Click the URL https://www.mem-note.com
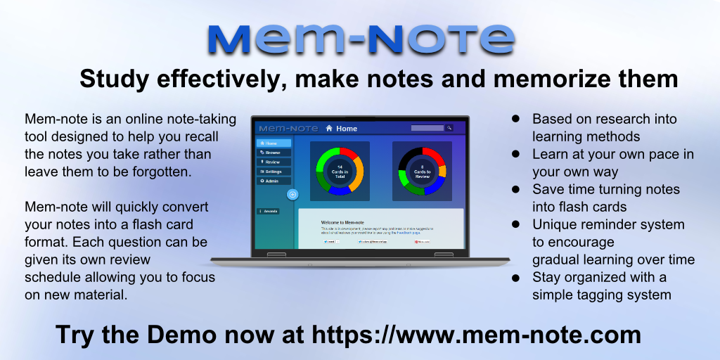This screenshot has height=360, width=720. click(x=476, y=334)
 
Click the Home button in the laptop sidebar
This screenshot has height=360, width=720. click(x=271, y=143)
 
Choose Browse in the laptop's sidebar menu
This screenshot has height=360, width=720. click(x=271, y=152)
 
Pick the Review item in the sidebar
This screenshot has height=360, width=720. click(x=271, y=162)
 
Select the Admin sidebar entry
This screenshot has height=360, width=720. click(x=271, y=181)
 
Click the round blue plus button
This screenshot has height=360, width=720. click(x=293, y=194)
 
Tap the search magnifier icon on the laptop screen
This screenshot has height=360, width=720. click(x=449, y=128)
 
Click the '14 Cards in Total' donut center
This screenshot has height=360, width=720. click(x=340, y=171)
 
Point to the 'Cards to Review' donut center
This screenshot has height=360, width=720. click(x=422, y=171)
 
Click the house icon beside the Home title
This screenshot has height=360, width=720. click(x=329, y=129)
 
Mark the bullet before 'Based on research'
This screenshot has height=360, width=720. click(x=515, y=119)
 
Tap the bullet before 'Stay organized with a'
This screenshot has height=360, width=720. click(x=515, y=278)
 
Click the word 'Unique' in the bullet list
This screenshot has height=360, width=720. click(x=554, y=224)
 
